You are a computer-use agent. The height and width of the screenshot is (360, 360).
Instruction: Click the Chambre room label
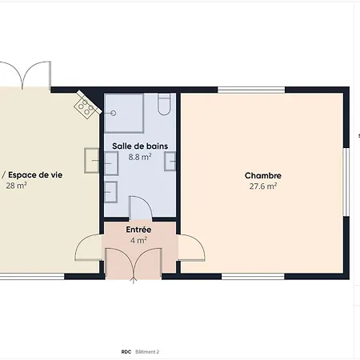[x=263, y=175]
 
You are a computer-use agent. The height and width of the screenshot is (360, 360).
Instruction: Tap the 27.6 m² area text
[x=263, y=186]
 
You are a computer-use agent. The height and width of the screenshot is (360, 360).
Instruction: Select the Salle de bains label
[x=140, y=146]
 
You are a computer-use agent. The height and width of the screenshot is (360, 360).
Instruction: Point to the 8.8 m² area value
[x=140, y=157]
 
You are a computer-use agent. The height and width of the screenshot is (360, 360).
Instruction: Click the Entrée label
[x=138, y=230]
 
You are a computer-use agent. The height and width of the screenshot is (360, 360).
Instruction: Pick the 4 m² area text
[x=138, y=240]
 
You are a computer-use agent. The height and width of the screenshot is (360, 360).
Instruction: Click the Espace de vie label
[x=35, y=175]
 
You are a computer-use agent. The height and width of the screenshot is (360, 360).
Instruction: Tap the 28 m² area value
[x=16, y=186]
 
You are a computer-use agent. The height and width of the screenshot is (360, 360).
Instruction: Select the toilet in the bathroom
[x=164, y=104]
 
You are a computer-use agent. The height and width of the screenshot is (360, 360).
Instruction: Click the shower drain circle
[x=114, y=113]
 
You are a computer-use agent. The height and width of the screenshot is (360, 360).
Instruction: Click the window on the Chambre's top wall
[x=251, y=90]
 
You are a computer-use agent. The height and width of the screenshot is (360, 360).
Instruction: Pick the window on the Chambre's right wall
[x=346, y=182]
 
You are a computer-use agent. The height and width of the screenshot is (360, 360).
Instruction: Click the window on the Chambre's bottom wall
[x=253, y=276]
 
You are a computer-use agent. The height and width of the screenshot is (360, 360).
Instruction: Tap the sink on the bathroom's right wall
[x=170, y=161]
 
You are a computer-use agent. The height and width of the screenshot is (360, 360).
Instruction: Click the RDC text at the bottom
[x=126, y=352]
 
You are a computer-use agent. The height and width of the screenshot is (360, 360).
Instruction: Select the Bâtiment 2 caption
[x=147, y=352]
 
